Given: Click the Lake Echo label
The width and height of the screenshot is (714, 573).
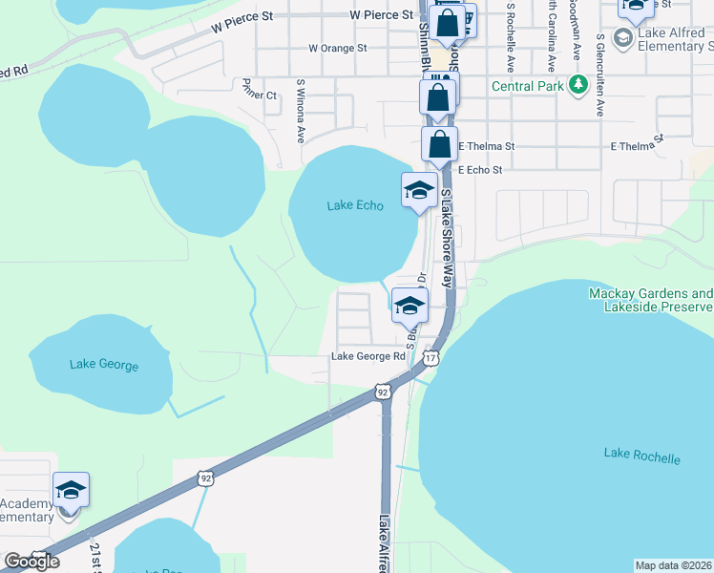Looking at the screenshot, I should point(355,205).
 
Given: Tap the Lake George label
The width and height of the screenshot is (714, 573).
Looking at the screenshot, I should point(104,365).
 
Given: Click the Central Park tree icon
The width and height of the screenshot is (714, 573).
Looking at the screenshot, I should point(577,86).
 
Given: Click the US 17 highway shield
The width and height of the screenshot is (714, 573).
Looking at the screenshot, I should point(431,357).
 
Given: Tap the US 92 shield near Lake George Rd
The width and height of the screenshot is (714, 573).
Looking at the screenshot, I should point(383,391).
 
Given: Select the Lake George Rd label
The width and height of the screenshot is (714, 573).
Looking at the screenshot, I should point(368,356).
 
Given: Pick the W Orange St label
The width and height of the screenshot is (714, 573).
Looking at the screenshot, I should point(338,48).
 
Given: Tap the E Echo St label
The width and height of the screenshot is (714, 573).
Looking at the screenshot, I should point(479,169).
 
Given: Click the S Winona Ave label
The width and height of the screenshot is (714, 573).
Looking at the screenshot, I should point(301,111).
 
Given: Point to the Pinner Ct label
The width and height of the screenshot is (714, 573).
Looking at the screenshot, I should point(259,95).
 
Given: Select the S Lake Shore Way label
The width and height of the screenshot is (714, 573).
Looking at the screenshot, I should point(446,238).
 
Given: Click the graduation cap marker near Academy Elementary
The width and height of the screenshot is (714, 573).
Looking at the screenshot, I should point(72,490).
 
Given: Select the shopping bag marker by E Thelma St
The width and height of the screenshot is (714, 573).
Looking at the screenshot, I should point(439,145).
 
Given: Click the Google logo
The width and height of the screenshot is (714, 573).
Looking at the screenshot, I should point(31,562).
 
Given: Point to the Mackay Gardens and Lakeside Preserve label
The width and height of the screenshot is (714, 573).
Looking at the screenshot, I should point(650,300).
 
